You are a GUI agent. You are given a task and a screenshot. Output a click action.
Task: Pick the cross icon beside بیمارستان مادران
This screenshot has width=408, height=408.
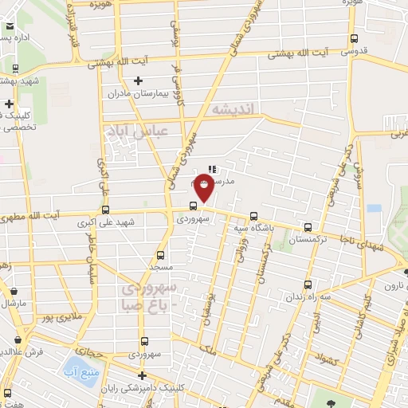tap(139, 80)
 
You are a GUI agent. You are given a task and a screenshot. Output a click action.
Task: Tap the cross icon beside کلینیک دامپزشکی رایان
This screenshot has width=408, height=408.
tap(142, 375)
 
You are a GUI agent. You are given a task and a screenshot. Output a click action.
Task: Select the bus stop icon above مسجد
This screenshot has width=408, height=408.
tap(160, 255)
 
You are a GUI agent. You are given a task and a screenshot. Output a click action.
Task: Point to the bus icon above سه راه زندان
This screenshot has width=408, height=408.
tap(308, 285)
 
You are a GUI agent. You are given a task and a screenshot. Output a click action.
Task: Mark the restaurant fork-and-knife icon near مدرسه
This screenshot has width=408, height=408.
tap(211, 169)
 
